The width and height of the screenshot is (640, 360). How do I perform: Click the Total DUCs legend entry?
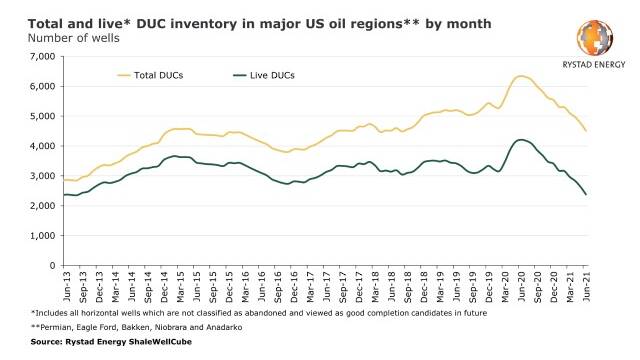click(x=150, y=76)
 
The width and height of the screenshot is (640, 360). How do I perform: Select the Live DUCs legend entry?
click(x=264, y=76)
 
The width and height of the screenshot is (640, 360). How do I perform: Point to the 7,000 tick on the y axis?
click(x=42, y=56)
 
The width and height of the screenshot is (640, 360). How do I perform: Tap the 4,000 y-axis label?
click(x=42, y=146)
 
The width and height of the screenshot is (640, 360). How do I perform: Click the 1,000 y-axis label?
click(x=42, y=236)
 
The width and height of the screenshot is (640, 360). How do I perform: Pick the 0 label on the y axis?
click(x=52, y=266)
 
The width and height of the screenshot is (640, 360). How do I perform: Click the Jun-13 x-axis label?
click(x=67, y=287)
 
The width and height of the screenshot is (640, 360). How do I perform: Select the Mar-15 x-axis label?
click(x=180, y=287)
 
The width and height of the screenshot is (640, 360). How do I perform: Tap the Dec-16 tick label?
click(x=294, y=287)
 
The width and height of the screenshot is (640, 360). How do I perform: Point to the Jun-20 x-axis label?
click(x=521, y=287)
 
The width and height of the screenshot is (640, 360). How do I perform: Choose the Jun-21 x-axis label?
click(x=586, y=287)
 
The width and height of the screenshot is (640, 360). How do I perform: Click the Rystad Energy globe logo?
click(x=595, y=38)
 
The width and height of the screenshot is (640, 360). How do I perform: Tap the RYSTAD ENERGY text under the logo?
click(x=594, y=64)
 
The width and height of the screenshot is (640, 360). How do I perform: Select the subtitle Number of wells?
click(x=73, y=38)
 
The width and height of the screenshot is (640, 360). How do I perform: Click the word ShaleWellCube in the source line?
click(x=160, y=342)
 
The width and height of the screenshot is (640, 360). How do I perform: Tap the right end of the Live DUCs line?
click(x=586, y=195)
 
